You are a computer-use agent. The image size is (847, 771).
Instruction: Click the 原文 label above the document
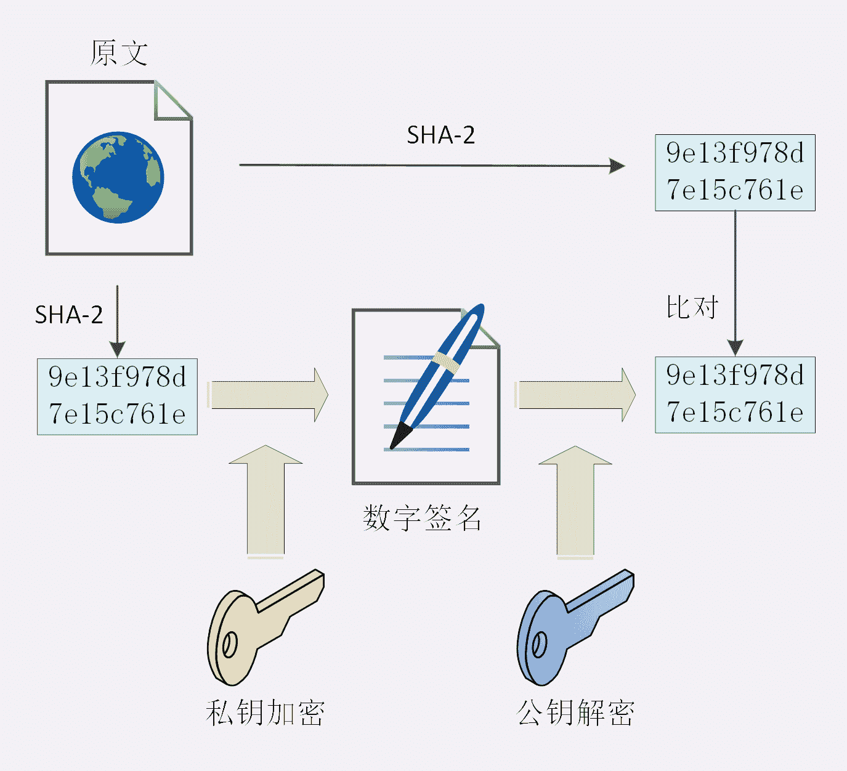point(119,53)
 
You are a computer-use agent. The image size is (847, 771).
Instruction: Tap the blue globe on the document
point(118,177)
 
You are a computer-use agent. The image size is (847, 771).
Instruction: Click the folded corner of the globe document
point(172,100)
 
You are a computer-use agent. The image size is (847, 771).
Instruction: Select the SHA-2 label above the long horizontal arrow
point(440,135)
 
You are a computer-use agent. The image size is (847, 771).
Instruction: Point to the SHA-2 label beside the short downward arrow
point(68,315)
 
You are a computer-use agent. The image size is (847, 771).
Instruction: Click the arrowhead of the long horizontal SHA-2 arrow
point(617,166)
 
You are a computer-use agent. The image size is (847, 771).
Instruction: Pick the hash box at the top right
point(735,172)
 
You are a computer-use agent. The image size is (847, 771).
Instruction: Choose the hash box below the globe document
point(117,396)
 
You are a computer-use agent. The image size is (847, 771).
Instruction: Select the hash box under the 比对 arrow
point(735,394)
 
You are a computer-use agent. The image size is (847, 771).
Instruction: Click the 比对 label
point(692,307)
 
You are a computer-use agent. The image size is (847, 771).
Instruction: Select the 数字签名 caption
point(422,518)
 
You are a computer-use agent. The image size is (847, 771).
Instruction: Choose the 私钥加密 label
point(265,713)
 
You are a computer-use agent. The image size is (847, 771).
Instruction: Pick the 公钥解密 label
point(575,713)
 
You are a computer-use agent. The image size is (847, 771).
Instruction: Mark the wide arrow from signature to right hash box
point(576,395)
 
